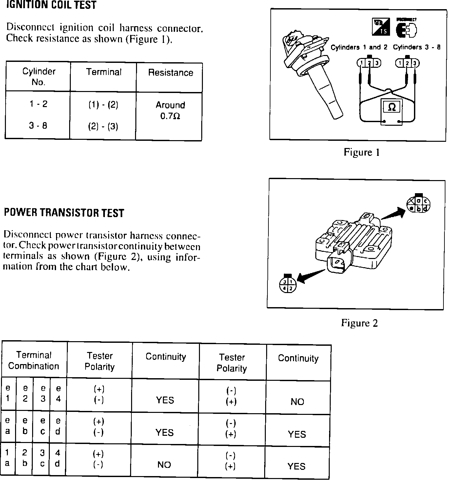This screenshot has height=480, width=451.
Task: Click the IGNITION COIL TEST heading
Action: [51, 5]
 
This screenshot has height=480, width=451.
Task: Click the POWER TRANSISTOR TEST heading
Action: [64, 213]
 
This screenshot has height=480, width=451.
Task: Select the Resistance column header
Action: [170, 73]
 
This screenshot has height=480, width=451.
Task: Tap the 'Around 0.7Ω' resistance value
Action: [170, 111]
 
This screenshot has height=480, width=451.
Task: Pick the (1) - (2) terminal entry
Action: [103, 105]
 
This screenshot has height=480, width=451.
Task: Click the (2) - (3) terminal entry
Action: [103, 126]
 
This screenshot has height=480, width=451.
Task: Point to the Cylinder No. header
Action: [39, 77]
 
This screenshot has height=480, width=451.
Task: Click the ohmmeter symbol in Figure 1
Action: [391, 107]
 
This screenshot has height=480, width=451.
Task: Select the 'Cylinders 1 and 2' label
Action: [359, 47]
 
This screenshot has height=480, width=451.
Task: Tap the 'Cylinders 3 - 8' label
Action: [417, 47]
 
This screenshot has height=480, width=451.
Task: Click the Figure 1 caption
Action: [362, 152]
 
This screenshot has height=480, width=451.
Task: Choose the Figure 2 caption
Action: [360, 323]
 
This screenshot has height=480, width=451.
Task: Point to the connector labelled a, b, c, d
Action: [418, 204]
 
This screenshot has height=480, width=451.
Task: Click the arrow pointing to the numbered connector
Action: [310, 276]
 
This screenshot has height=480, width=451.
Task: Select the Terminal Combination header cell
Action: [34, 360]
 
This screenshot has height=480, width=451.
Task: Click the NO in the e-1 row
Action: [297, 402]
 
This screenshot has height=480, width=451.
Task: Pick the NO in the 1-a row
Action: [164, 465]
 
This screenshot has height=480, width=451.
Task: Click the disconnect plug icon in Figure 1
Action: [407, 30]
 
